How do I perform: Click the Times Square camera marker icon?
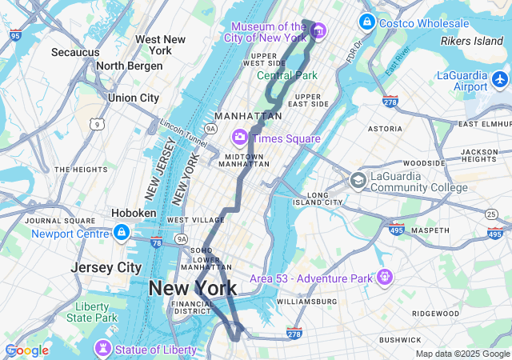[x=239, y=138]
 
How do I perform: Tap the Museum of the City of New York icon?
[x=319, y=31]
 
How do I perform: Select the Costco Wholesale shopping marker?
[x=367, y=22]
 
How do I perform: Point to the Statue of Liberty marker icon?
[x=102, y=349]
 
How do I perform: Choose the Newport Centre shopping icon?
[x=121, y=233]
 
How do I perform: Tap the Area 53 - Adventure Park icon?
[x=386, y=278]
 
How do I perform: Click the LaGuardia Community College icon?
[x=358, y=181]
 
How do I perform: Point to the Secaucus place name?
[x=75, y=53]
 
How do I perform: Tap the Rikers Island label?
[x=472, y=41]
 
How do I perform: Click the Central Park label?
[x=287, y=76]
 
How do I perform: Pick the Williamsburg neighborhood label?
[x=307, y=302]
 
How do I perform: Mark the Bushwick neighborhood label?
[x=400, y=340]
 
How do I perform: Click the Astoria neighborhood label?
[x=385, y=129]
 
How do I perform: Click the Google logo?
[x=26, y=350]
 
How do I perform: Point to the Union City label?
[x=134, y=98]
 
